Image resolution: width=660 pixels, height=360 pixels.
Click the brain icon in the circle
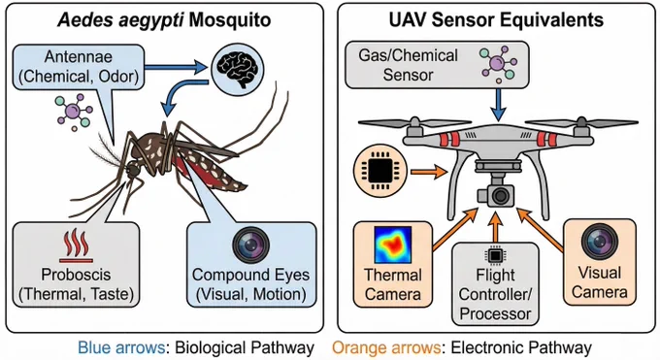[237, 70]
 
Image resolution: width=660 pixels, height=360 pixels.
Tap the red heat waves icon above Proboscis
[76, 245]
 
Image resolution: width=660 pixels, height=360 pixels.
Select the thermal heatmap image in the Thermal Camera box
[393, 245]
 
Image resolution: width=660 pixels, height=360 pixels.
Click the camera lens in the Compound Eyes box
[250, 245]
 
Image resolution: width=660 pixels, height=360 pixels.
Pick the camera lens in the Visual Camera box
[600, 242]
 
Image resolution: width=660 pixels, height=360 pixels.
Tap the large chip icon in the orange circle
[380, 171]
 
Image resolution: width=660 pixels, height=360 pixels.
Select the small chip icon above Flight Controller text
[495, 255]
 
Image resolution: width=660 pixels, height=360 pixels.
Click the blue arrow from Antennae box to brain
[176, 66]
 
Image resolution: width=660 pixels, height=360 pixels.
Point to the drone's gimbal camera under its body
[496, 195]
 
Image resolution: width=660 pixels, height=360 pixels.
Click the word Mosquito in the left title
[230, 19]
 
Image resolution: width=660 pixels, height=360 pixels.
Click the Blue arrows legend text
[121, 347]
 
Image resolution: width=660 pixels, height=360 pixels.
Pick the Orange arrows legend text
[386, 347]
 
